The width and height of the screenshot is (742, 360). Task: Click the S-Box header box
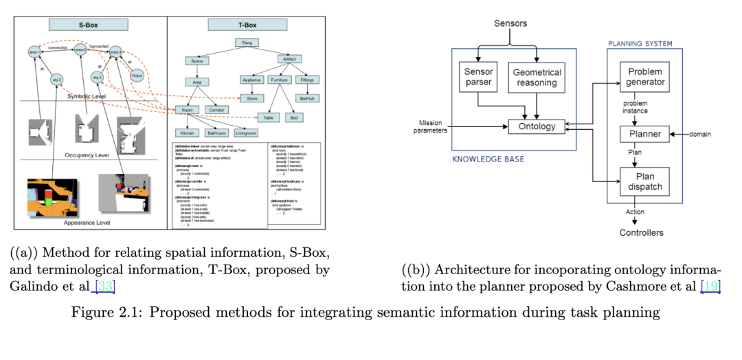click(87, 25)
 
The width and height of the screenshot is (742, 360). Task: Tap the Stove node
click(251, 98)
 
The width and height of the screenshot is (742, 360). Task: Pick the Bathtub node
click(306, 98)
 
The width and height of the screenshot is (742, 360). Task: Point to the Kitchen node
click(186, 133)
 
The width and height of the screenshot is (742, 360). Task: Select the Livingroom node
click(249, 133)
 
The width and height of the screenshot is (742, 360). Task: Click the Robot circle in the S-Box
click(137, 73)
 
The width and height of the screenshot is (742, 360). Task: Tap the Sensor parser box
click(479, 77)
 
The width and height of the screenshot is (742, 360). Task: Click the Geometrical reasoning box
click(537, 77)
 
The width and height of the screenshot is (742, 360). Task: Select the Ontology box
click(537, 126)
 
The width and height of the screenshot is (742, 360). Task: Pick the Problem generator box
click(645, 77)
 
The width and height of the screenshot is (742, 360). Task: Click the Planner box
click(645, 134)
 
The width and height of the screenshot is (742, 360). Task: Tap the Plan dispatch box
click(645, 181)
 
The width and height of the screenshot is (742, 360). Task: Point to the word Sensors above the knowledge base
click(510, 24)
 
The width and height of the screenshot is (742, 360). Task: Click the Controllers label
click(642, 233)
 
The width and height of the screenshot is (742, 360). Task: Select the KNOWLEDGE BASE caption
click(488, 159)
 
